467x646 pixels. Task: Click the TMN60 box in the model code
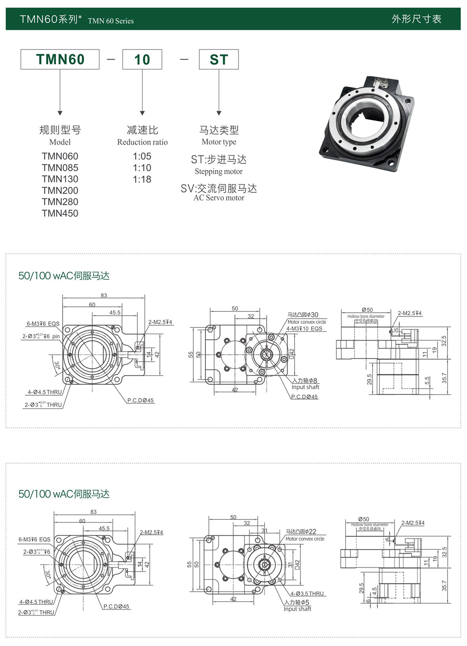(60, 59)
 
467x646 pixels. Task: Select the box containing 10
(142, 59)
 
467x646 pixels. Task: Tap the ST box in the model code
(219, 59)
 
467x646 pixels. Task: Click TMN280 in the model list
(60, 202)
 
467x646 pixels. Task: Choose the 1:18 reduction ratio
(142, 179)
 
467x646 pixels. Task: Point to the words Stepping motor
(219, 171)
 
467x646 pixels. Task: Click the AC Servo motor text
(219, 198)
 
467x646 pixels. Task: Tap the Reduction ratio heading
(142, 142)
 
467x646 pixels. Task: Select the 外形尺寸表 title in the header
(416, 19)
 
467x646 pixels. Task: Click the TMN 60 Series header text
(111, 21)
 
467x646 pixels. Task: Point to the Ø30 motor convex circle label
(303, 315)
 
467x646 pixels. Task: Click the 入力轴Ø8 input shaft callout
(305, 380)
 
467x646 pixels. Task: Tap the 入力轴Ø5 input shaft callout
(297, 602)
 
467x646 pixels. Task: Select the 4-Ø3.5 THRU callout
(307, 593)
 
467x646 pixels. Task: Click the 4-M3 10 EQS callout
(304, 328)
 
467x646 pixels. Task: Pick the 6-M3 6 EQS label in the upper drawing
(43, 323)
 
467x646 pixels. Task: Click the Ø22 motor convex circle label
(301, 531)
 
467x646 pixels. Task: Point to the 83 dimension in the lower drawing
(93, 512)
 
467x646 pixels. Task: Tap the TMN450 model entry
(60, 213)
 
